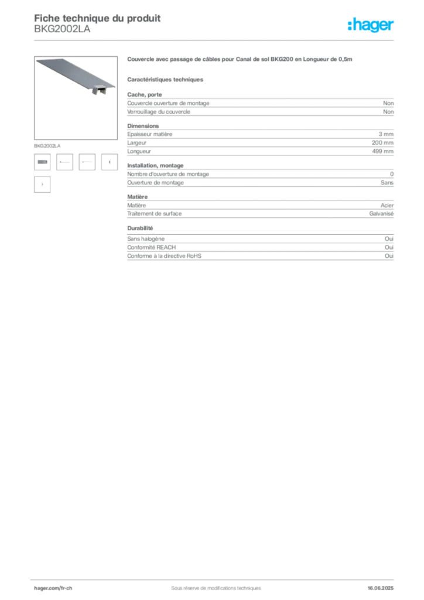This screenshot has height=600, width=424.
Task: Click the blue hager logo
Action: tap(372, 26)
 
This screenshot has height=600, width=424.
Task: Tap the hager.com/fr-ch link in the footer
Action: tap(53, 587)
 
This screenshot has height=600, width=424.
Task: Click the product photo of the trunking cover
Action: tap(74, 74)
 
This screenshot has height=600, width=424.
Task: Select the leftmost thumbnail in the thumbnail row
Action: tap(42, 162)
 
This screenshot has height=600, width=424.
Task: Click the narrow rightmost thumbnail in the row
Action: tap(110, 162)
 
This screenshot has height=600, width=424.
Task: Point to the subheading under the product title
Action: tap(166, 79)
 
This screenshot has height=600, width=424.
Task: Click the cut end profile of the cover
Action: tap(104, 91)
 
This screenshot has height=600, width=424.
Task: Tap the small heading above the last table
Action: tap(141, 228)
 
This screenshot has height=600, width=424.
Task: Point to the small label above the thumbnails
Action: tap(46, 144)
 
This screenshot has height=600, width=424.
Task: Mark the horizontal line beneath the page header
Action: tap(245, 40)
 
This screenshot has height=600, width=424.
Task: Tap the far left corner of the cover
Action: tap(36, 60)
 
